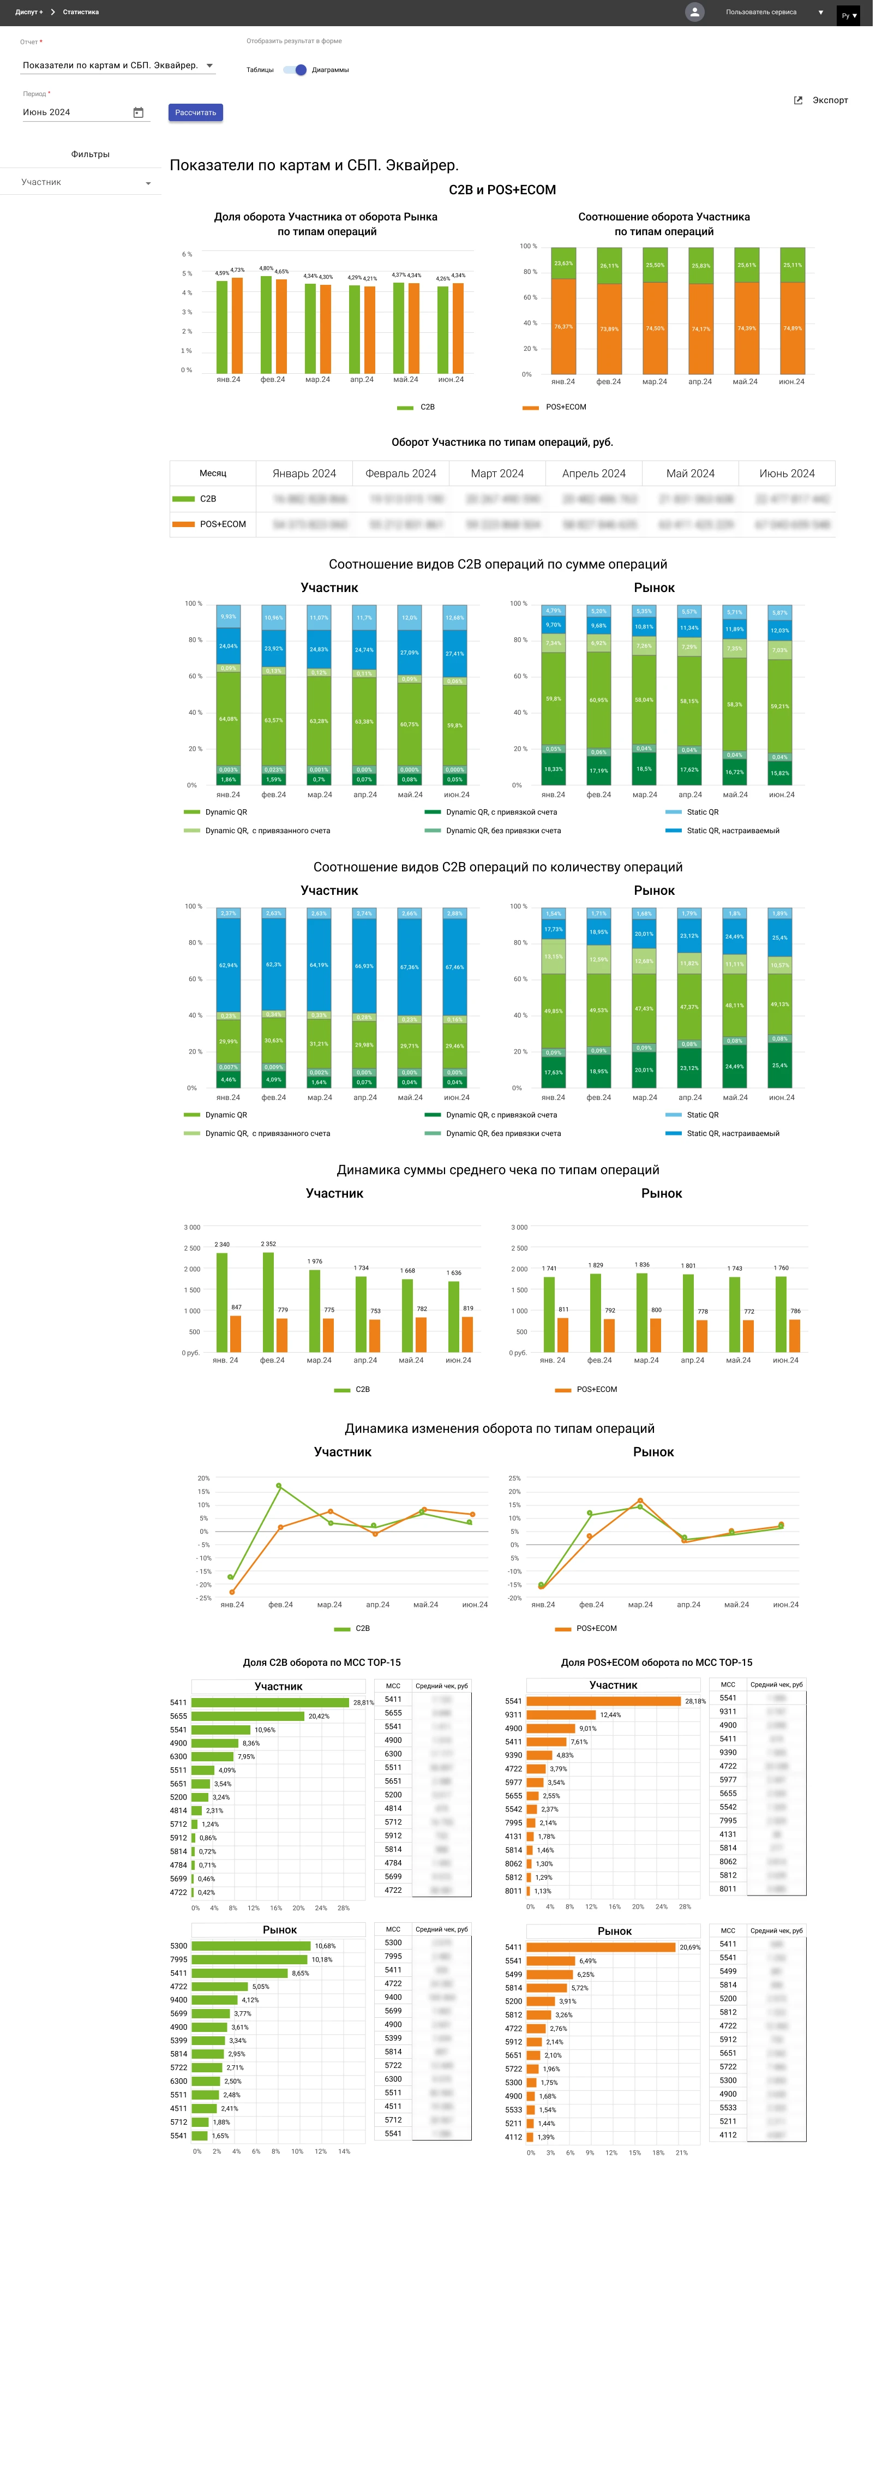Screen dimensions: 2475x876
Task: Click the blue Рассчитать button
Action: coord(195,112)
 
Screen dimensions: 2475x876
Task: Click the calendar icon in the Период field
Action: coord(139,112)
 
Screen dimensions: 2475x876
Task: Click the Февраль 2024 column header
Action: coord(400,474)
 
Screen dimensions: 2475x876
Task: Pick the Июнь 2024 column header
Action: coord(787,474)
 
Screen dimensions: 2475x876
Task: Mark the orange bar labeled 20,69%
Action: coord(601,1947)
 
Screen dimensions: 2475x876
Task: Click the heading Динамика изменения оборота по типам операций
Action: coord(500,1428)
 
